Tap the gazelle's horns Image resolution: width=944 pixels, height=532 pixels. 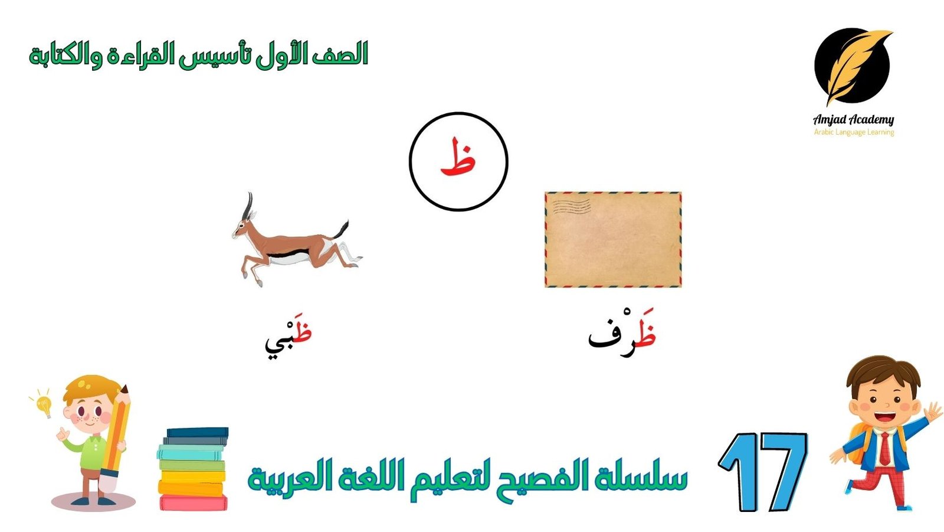[249, 205]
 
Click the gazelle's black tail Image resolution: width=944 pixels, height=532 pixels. [342, 229]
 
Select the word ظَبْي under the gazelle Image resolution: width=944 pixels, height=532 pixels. [289, 337]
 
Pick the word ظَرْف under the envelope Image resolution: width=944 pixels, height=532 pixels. [622, 333]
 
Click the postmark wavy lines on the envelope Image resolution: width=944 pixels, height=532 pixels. [571, 206]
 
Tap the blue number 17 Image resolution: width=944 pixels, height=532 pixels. [763, 472]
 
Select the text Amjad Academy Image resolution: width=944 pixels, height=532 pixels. [853, 120]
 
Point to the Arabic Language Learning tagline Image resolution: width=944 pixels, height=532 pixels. [854, 132]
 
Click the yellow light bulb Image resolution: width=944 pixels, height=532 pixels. [44, 406]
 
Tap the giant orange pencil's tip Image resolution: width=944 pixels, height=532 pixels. [124, 389]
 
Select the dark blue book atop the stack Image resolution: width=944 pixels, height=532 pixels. [198, 432]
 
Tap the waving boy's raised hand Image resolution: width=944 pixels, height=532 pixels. [933, 411]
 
